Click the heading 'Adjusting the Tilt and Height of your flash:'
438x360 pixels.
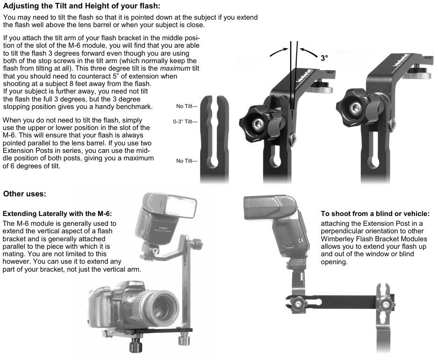pos(81,6)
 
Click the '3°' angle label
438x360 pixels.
pos(325,58)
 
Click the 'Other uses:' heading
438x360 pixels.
pos(25,194)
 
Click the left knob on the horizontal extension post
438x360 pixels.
pos(297,304)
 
